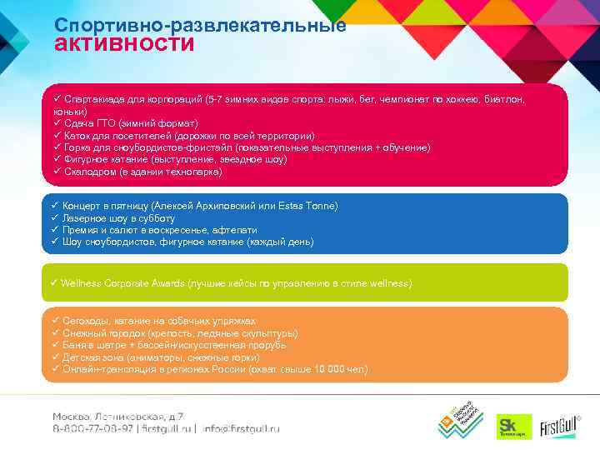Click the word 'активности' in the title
[x=124, y=44]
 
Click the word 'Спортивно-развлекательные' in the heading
[x=200, y=25]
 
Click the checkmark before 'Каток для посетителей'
[x=57, y=135]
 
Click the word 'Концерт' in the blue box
[x=82, y=205]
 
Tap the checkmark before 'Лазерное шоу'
[x=55, y=217]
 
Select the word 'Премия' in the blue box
[x=81, y=229]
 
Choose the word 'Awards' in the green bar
[x=175, y=283]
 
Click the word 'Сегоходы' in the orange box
[x=87, y=321]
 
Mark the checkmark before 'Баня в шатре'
[x=55, y=345]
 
